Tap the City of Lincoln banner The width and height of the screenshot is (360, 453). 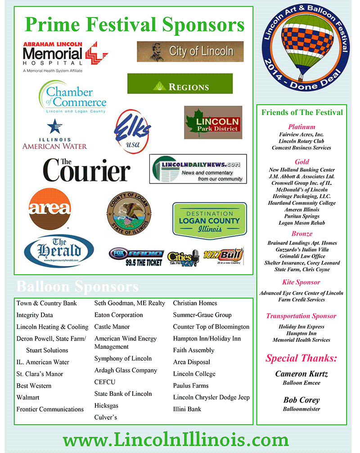coord(190,51)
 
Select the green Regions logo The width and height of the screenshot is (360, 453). coord(180,84)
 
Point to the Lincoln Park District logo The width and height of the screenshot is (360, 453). coord(213,122)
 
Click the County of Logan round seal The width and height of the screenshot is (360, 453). coord(129,213)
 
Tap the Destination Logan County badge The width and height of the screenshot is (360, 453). coord(209,220)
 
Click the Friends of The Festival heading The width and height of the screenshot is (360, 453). coord(302,112)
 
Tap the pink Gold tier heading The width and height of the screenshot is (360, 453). coord(302,161)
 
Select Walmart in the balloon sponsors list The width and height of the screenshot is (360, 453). coord(28,398)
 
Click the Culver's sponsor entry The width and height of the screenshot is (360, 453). coord(106,417)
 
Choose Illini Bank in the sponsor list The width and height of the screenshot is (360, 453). coord(187,409)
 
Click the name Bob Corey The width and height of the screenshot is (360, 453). coord(301,400)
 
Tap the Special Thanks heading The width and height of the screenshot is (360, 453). coord(301,359)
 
